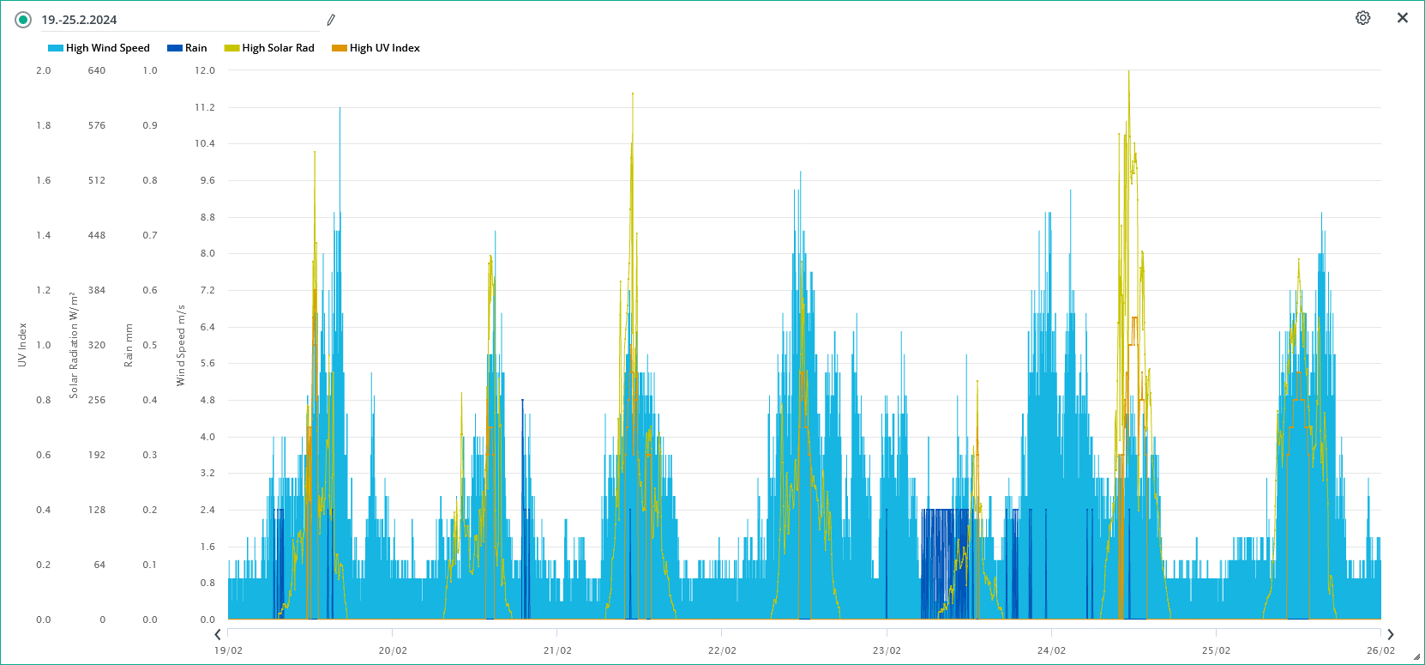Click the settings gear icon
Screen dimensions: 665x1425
click(x=1362, y=18)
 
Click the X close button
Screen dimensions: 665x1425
click(x=1403, y=18)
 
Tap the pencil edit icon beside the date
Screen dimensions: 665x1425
click(x=331, y=20)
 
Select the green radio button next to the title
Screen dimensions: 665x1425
click(x=23, y=20)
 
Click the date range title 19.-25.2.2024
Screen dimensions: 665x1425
click(x=79, y=20)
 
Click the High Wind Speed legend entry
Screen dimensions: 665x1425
click(x=99, y=48)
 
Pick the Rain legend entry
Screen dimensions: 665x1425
click(x=188, y=48)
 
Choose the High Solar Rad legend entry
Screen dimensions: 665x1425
click(x=270, y=48)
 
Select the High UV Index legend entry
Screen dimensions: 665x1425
click(x=376, y=48)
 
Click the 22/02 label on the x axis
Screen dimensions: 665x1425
click(x=722, y=650)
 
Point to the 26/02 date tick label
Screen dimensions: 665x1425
click(x=1380, y=650)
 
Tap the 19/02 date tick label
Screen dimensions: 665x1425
click(x=228, y=650)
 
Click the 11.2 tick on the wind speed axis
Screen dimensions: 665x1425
click(x=205, y=107)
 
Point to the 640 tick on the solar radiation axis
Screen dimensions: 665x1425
click(x=97, y=70)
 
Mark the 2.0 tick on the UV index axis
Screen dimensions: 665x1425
click(x=44, y=70)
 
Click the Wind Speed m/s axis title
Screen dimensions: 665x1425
click(x=181, y=345)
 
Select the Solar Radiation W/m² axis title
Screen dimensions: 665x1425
click(x=74, y=345)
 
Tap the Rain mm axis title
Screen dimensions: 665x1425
click(x=129, y=345)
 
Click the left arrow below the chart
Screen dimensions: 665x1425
click(x=218, y=634)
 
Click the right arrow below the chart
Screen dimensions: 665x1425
click(x=1391, y=634)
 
